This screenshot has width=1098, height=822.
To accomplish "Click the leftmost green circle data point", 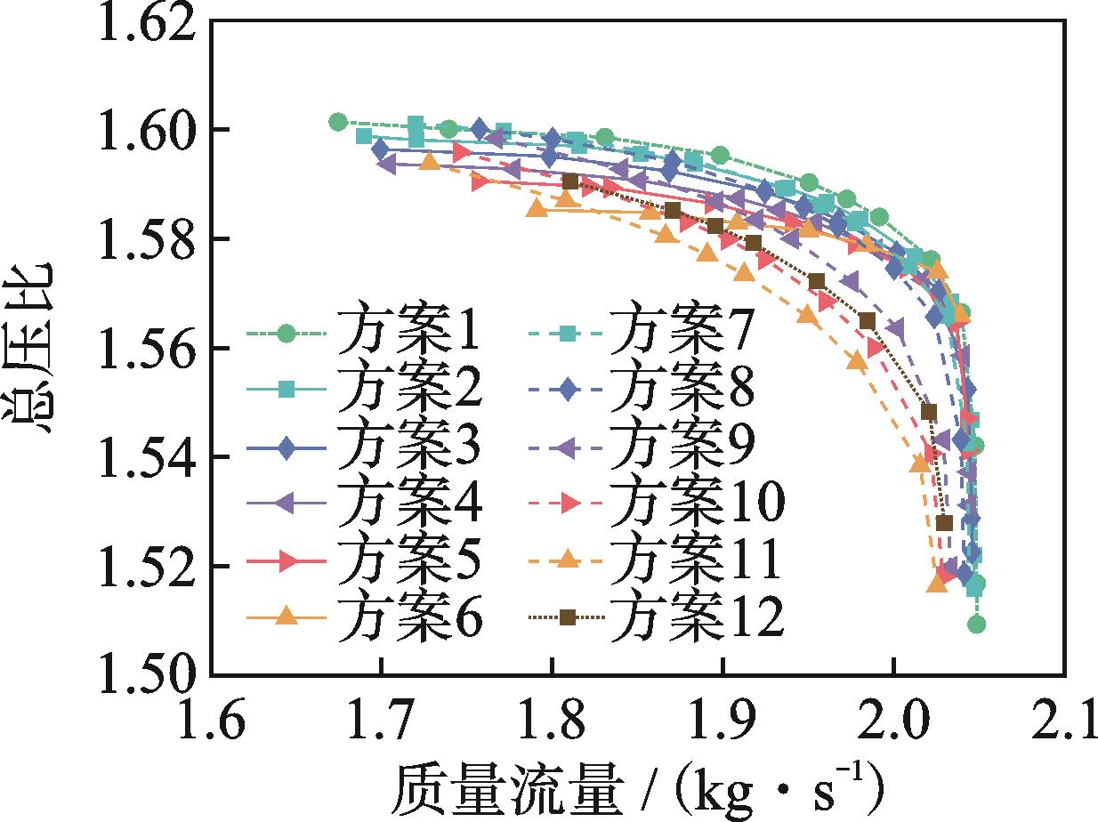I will click(337, 122).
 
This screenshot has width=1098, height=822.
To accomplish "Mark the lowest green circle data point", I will click(976, 625).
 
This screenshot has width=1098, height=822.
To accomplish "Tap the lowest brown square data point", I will click(944, 523).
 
